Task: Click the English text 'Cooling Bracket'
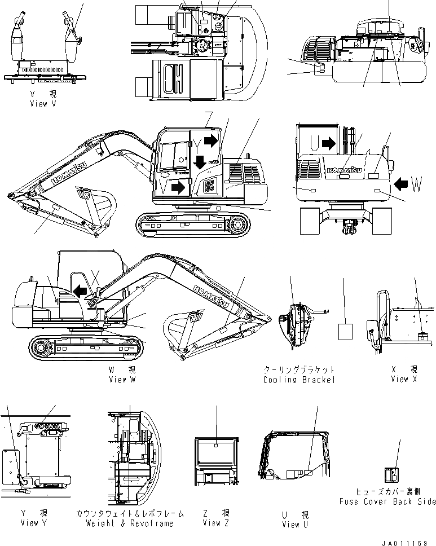point(299,380)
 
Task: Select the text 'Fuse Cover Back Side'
point(387,501)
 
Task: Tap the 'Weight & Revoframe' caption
point(129,523)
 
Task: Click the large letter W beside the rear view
point(416,183)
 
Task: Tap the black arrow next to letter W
point(400,183)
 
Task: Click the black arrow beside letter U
point(329,144)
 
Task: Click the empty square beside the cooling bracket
point(345,331)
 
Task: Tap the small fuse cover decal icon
point(391,475)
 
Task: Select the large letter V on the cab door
point(162,187)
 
